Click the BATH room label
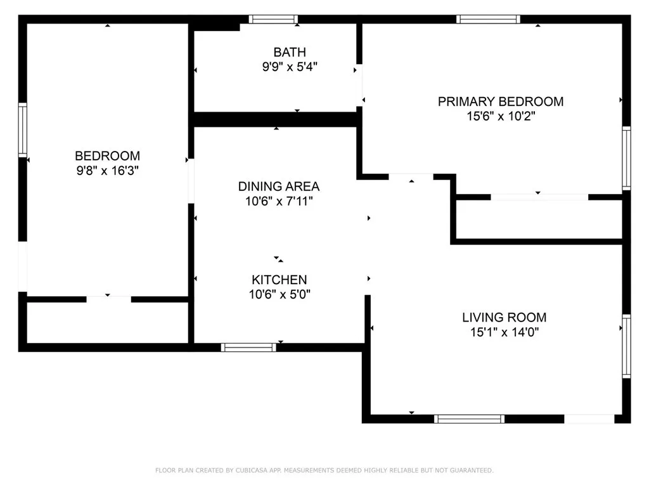[x=290, y=52]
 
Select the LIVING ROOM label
[x=504, y=318]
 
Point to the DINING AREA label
[x=278, y=186]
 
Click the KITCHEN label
[x=279, y=280]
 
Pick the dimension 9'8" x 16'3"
[x=107, y=171]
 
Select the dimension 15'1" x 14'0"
[x=504, y=332]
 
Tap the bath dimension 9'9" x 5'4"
[x=290, y=67]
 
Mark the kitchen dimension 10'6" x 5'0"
[x=279, y=294]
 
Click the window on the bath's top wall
[x=273, y=19]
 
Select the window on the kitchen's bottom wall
[x=248, y=347]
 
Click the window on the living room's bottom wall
[x=469, y=419]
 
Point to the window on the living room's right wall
[x=626, y=346]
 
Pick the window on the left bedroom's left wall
[x=23, y=131]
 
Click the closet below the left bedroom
[x=107, y=322]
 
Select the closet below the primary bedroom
[x=539, y=219]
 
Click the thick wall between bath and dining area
[x=276, y=119]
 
